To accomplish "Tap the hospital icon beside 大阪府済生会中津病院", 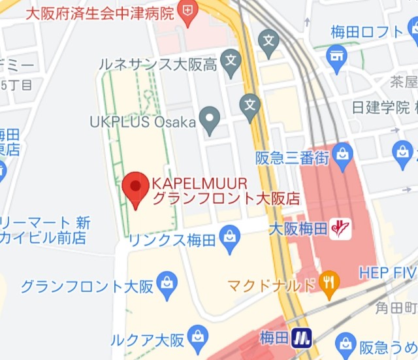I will [188, 11].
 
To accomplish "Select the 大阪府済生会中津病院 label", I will [99, 12].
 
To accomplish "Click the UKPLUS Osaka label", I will [143, 122].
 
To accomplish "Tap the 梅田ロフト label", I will [366, 31].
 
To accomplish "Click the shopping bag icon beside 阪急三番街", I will [342, 155].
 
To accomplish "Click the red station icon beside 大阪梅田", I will [340, 228].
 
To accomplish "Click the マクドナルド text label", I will [272, 286].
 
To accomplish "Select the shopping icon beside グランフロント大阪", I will [168, 283].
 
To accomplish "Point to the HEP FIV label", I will [388, 272].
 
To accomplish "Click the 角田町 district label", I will [396, 306].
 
